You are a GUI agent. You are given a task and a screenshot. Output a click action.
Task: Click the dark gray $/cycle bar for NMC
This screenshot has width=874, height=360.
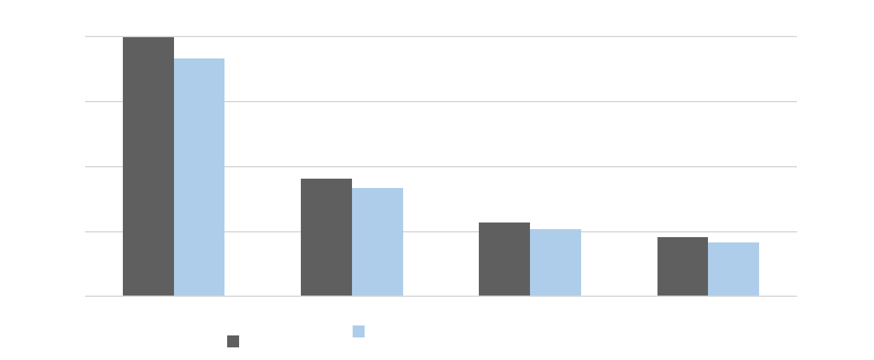(x=148, y=166)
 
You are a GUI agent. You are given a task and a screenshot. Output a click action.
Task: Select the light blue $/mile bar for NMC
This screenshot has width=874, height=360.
(x=199, y=177)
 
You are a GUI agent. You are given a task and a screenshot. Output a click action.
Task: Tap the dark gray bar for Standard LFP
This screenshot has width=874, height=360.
(x=326, y=237)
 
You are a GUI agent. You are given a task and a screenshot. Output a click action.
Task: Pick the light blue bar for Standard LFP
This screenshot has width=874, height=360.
(x=377, y=242)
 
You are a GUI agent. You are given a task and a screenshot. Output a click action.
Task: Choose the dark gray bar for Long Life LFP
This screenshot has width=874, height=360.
(x=504, y=259)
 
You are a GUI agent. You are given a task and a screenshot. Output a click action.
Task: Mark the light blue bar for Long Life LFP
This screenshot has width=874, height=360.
(x=555, y=262)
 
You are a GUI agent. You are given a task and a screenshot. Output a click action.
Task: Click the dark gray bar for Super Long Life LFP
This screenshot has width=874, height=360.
(x=682, y=266)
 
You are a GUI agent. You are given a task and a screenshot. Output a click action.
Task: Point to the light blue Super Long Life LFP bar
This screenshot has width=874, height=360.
(x=733, y=269)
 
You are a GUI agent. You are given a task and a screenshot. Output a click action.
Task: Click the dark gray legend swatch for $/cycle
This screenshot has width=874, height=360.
(x=233, y=341)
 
